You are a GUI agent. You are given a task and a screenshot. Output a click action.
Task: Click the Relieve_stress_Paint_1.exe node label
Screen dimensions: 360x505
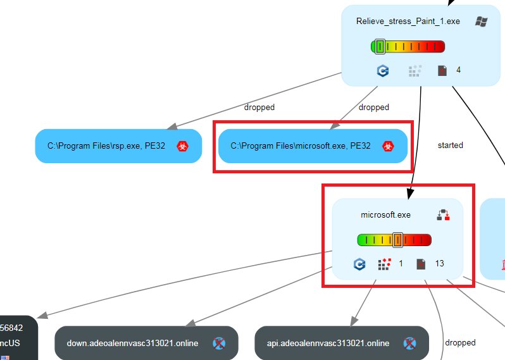[x=408, y=21]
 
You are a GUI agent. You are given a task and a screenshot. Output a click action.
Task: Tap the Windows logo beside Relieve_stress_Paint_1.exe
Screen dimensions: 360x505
[x=481, y=21]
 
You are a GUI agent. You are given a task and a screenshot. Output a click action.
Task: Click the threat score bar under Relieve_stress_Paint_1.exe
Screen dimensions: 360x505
[x=408, y=46]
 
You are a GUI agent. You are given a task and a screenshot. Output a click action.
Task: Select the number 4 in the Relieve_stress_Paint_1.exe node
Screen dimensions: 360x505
[x=458, y=70]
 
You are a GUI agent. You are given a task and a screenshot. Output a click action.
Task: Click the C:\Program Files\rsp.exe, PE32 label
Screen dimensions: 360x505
[x=106, y=146]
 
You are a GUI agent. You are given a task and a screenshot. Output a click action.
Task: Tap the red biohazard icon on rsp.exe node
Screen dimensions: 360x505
[x=183, y=146]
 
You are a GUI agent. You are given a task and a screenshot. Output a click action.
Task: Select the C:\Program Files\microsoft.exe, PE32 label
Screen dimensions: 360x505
[x=301, y=146]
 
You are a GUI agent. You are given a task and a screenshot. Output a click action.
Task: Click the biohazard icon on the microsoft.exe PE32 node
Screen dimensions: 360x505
[x=387, y=146]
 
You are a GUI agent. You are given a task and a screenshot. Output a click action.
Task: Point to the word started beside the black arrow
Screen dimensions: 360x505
[x=450, y=145]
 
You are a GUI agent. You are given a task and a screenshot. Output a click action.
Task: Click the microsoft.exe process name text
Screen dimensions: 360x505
[x=385, y=215]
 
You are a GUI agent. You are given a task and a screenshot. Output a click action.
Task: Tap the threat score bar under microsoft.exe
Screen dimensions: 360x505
[x=394, y=240]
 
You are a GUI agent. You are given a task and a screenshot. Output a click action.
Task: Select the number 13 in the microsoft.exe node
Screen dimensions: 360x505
[x=439, y=263]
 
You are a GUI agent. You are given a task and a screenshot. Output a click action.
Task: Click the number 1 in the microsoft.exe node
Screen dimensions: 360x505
[x=401, y=263]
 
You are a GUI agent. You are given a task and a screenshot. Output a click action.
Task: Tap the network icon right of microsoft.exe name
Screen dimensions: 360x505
[x=443, y=215]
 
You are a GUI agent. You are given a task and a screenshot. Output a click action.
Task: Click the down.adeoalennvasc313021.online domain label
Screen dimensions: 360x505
[x=132, y=344]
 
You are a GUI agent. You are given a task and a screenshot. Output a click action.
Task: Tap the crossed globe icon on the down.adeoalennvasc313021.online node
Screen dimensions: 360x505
[x=219, y=344]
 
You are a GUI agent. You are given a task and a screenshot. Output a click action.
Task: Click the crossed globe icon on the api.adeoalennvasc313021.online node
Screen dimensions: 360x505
[x=409, y=344]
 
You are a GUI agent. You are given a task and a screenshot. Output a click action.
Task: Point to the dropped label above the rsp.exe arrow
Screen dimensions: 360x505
[x=259, y=108]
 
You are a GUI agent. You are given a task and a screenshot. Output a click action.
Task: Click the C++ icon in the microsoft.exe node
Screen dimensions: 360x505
[x=359, y=264]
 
